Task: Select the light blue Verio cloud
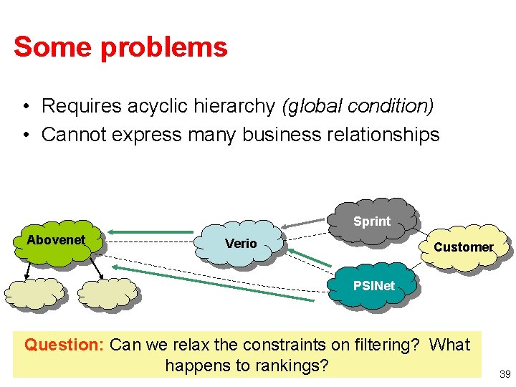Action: point(242,243)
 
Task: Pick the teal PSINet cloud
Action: point(372,285)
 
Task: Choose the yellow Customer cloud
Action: point(463,247)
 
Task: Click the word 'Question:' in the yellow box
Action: point(64,345)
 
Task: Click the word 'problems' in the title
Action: point(165,47)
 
